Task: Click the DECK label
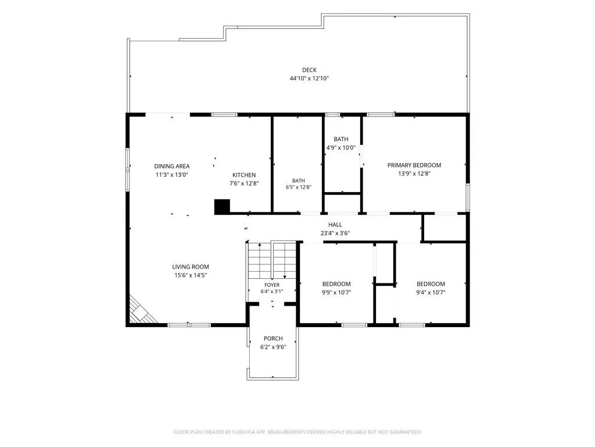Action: pos(309,70)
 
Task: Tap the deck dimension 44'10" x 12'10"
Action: pos(309,79)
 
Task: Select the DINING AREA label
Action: pos(172,166)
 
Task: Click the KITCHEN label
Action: pos(244,175)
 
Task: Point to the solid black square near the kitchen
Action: pos(223,207)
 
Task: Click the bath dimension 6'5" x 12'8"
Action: pos(299,187)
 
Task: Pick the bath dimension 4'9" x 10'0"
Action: pos(341,147)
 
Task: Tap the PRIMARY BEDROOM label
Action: pos(414,165)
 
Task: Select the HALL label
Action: pos(335,225)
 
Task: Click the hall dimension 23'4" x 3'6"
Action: pos(335,233)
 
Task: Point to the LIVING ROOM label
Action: pos(191,267)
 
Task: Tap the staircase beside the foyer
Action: pos(272,261)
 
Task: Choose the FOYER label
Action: pos(272,285)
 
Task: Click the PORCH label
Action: pos(273,338)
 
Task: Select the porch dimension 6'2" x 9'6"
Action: pos(273,347)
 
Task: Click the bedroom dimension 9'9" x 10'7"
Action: pos(336,292)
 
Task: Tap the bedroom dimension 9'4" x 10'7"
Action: pos(431,292)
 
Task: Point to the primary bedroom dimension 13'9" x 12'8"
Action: pos(414,173)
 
